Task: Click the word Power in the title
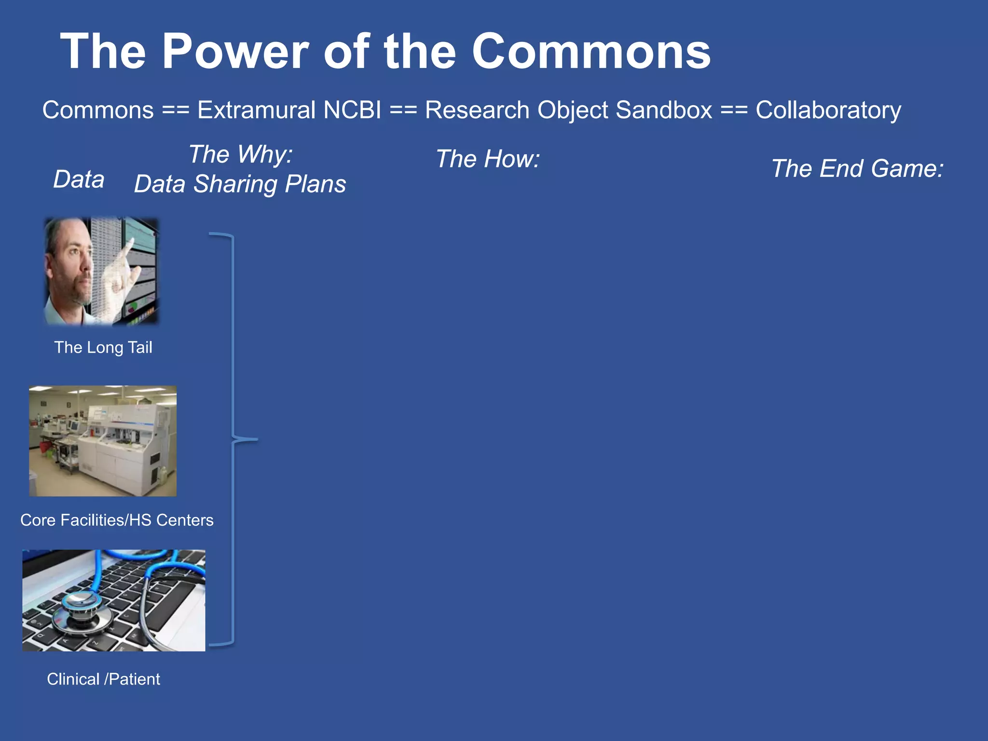pyautogui.click(x=235, y=51)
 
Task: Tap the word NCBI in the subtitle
pyautogui.click(x=352, y=110)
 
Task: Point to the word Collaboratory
pyautogui.click(x=828, y=110)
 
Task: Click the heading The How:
pyautogui.click(x=488, y=159)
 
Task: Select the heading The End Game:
pyautogui.click(x=857, y=168)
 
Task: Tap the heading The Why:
pyautogui.click(x=240, y=154)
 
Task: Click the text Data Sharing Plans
pyautogui.click(x=240, y=184)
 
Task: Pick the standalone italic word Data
pyautogui.click(x=79, y=179)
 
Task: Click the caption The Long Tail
pyautogui.click(x=103, y=347)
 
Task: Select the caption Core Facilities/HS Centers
pyautogui.click(x=117, y=520)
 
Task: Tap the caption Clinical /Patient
pyautogui.click(x=103, y=679)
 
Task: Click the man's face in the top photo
pyautogui.click(x=72, y=261)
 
